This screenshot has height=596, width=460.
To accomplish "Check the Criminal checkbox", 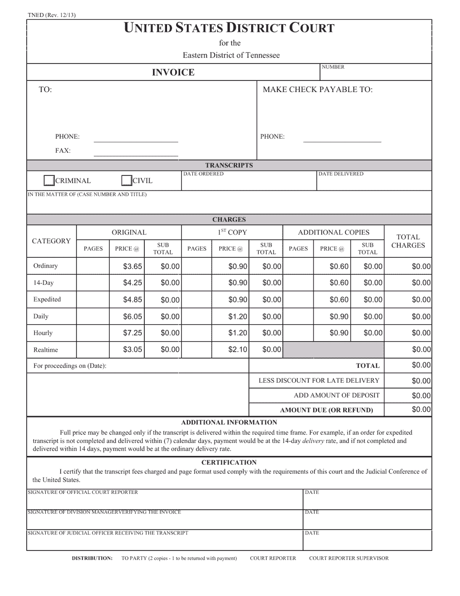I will tap(49, 181).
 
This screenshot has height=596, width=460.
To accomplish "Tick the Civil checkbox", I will tap(126, 181).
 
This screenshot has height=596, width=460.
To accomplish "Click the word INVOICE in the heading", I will tap(173, 73).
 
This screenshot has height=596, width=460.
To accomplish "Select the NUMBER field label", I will tap(333, 67).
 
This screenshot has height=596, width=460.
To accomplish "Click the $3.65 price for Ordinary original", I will tap(132, 267).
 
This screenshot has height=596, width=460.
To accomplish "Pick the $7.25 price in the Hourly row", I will tap(132, 333).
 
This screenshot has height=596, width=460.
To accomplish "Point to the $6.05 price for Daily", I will tap(132, 316).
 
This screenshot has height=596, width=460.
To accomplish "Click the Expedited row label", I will tap(47, 299).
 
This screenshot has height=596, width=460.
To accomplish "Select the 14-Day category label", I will tap(43, 283).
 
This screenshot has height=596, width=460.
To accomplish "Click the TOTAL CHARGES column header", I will tap(408, 241).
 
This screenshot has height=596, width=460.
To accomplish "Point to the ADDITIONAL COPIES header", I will tap(333, 233).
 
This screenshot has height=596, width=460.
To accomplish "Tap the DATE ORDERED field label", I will tap(203, 174).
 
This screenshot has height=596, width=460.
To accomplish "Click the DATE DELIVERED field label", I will tap(341, 174).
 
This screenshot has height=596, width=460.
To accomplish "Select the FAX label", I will tap(63, 151).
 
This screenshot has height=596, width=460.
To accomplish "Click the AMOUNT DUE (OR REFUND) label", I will tap(326, 410).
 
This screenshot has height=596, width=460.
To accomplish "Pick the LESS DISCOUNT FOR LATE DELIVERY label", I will tap(319, 381).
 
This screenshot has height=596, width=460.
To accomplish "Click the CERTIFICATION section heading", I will tap(229, 462).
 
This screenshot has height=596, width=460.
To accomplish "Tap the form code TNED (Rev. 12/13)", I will tap(51, 15).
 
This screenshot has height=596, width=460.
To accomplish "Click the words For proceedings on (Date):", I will tap(70, 366).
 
